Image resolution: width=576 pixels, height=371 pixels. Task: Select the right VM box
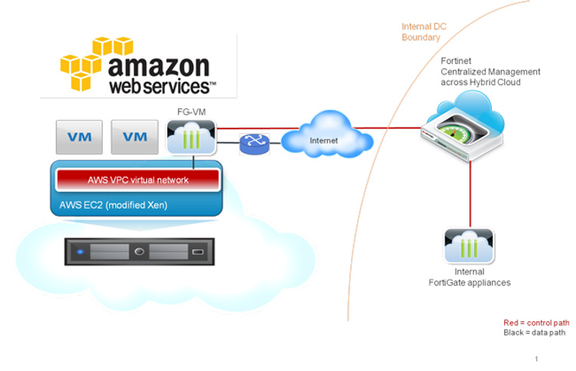click(134, 136)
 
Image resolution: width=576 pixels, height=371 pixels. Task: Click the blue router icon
click(253, 143)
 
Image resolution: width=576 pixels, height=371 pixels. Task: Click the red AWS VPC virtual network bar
click(137, 180)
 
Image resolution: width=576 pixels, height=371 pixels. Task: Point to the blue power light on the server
click(79, 253)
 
